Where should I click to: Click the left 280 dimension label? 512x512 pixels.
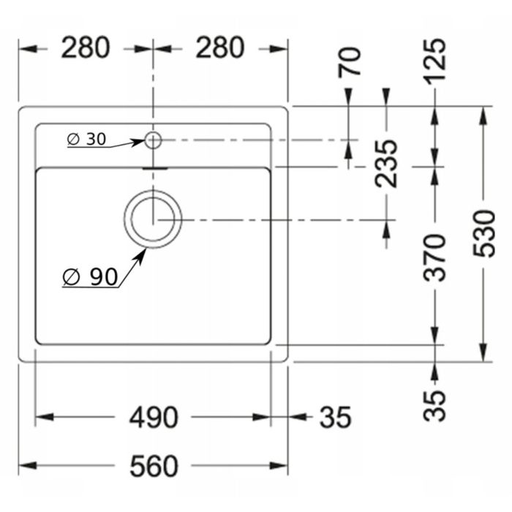click(x=86, y=48)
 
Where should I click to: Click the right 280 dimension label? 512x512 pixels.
click(x=220, y=48)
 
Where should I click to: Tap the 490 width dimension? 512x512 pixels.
click(x=154, y=418)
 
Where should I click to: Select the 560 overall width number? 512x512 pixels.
click(x=154, y=466)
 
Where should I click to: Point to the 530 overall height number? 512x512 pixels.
click(x=484, y=234)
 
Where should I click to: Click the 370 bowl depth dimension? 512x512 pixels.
click(x=434, y=257)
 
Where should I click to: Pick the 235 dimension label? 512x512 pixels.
click(x=386, y=164)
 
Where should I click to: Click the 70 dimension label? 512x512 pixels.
click(x=350, y=62)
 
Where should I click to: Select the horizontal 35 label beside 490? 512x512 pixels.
click(x=335, y=418)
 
